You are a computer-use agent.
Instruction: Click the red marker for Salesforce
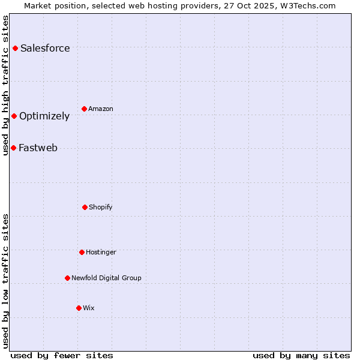pos(15,48)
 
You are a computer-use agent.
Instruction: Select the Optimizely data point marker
pos(14,116)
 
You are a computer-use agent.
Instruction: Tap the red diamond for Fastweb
pos(13,148)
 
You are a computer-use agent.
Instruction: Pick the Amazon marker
pos(84,109)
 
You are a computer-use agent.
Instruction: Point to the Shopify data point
pos(85,207)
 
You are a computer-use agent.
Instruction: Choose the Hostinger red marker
pos(82,252)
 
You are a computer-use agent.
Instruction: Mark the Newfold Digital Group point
pos(67,278)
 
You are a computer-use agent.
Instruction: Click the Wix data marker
pos(79,308)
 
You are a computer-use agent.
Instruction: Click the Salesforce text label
pos(45,48)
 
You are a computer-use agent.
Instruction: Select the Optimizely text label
pos(44,116)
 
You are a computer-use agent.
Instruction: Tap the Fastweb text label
pos(38,148)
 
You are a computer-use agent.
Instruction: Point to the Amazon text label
pos(101,109)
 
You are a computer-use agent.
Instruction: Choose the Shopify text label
pos(101,207)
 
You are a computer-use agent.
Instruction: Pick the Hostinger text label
pos(101,252)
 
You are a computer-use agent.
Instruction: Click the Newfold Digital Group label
pos(106,278)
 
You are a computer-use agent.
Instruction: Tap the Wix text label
pos(89,308)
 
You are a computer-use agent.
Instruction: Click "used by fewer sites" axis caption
pos(62,355)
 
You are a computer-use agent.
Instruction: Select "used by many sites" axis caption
pos(301,355)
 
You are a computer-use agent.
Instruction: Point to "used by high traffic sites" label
pos(5,85)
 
